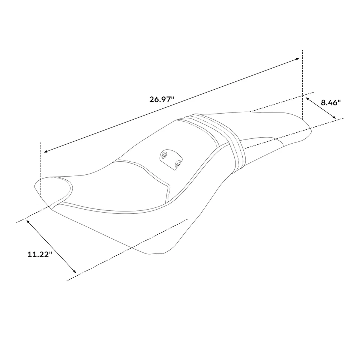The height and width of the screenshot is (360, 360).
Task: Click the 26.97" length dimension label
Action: pyautogui.click(x=162, y=99)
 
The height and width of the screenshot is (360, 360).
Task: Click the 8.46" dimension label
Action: pyautogui.click(x=330, y=102)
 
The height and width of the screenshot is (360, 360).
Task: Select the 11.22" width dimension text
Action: pyautogui.click(x=39, y=254)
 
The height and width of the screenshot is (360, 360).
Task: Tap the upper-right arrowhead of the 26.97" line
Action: pyautogui.click(x=298, y=58)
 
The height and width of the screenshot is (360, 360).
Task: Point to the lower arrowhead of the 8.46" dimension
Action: pyautogui.click(x=334, y=118)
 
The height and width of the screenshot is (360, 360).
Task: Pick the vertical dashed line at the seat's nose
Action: pyautogui.click(x=40, y=169)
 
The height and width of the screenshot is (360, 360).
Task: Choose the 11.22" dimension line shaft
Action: pyautogui.click(x=51, y=246)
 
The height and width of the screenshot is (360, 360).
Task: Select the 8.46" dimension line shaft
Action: pyautogui.click(x=321, y=108)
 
